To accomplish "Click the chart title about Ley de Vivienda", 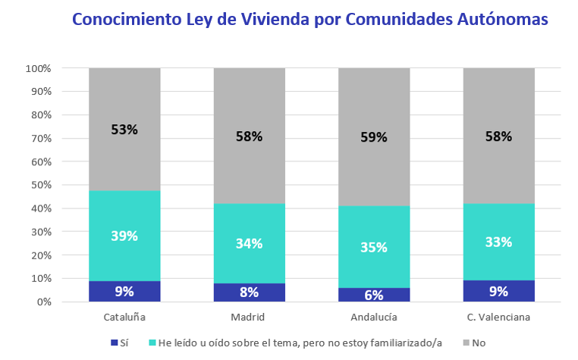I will (309, 20).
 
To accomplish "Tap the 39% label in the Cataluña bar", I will (124, 236).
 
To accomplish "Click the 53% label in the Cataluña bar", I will (124, 129).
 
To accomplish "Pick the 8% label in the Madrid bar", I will (249, 292).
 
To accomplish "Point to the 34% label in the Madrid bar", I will (249, 243).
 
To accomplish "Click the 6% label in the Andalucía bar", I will (374, 295).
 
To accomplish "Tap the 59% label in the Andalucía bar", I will (374, 137).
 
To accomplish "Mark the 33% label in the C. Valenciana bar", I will (498, 243).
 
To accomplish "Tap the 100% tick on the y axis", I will (38, 68).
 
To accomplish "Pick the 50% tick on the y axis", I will (40, 185).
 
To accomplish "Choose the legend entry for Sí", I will (119, 343).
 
